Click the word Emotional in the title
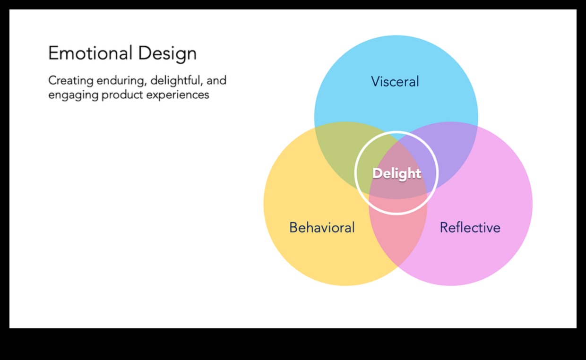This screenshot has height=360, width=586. (90, 53)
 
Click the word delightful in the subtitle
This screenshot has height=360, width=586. (176, 81)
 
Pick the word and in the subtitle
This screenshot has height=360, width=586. (216, 81)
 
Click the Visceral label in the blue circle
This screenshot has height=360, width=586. (395, 82)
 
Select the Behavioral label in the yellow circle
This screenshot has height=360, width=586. (322, 228)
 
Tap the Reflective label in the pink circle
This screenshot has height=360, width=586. (470, 228)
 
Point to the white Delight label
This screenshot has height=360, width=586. (396, 173)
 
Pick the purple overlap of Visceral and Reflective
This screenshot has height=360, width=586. (454, 151)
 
